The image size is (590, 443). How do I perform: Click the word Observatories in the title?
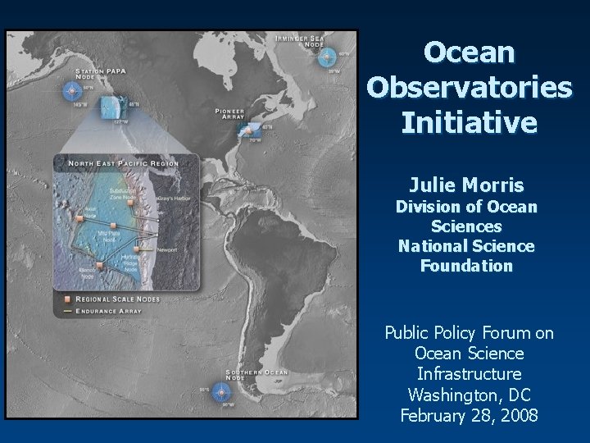coord(470,87)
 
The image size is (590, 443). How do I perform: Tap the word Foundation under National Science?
coord(466,266)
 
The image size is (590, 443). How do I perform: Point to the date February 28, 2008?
coord(470,415)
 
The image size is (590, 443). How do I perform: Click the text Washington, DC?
coord(470,395)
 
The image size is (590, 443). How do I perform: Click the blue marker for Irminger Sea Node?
coord(327,57)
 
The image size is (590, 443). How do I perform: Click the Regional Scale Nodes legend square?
coord(59,299)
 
